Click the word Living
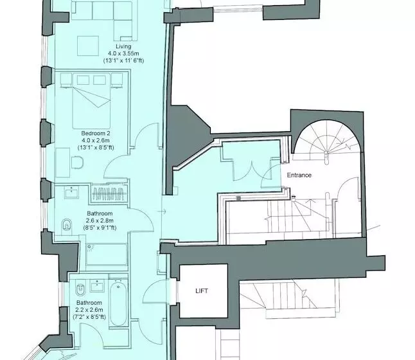click(123, 46)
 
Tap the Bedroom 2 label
click(91, 133)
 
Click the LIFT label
click(202, 291)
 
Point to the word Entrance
click(299, 175)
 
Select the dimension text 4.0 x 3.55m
click(123, 53)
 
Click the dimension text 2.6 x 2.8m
click(100, 221)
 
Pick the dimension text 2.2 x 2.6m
click(89, 309)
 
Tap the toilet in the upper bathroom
click(67, 226)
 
